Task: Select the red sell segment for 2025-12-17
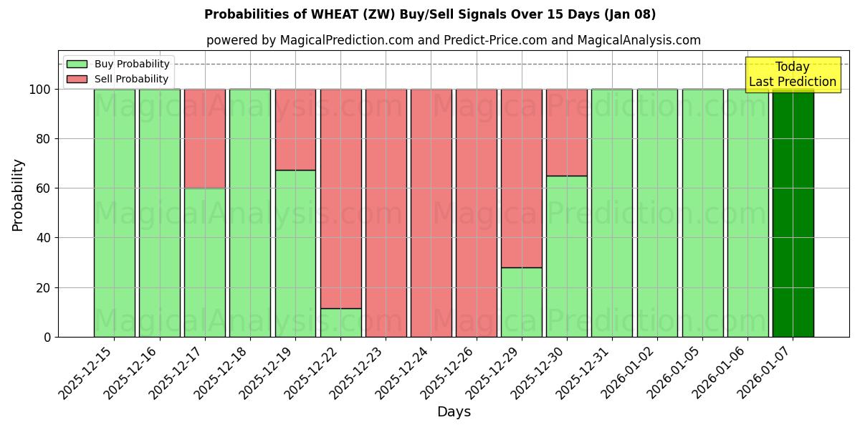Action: [205, 138]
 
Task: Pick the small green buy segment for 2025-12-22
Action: [340, 322]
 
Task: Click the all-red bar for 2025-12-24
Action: [431, 213]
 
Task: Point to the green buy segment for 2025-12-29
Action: [521, 302]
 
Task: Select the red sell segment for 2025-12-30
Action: [566, 133]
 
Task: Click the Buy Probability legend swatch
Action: [77, 64]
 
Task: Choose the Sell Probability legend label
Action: [131, 79]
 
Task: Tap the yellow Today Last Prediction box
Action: [792, 75]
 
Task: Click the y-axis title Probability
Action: [19, 195]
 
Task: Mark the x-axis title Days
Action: [454, 412]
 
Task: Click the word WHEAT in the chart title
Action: [329, 14]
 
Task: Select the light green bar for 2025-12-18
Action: [250, 213]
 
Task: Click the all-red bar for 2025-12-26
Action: [476, 213]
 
